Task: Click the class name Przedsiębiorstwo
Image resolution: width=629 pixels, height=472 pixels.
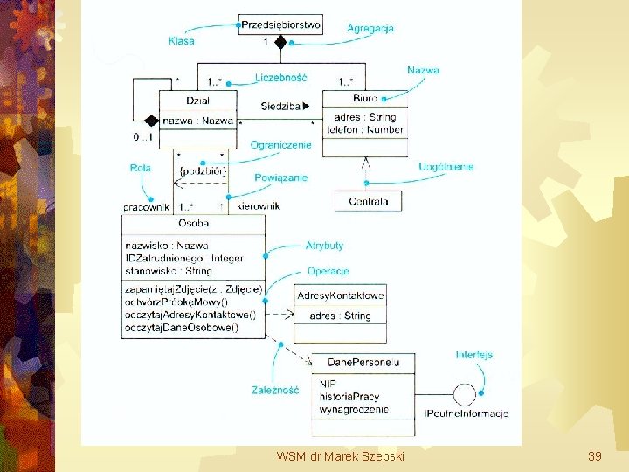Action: tap(280, 25)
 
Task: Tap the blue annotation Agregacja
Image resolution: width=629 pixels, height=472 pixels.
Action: tap(370, 29)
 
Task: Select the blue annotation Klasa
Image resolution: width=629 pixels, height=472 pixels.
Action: tap(182, 40)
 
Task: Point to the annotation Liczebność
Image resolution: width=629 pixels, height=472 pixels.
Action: tap(280, 78)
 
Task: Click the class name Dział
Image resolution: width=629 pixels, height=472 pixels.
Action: tap(198, 101)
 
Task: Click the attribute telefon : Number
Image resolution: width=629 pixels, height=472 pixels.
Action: tap(365, 129)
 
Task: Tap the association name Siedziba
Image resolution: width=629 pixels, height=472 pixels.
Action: tap(280, 107)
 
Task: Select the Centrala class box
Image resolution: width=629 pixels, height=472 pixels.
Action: tap(369, 202)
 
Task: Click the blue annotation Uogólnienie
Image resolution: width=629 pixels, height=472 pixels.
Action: tap(446, 167)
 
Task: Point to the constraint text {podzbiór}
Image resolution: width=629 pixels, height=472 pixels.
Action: tap(202, 171)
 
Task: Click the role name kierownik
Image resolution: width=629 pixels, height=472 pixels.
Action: tap(258, 206)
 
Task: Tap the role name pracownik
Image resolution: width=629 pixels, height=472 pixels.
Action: tap(146, 207)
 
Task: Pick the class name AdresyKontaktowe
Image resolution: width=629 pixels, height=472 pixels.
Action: tap(341, 295)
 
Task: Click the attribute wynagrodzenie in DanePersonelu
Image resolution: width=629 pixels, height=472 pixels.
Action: tap(354, 409)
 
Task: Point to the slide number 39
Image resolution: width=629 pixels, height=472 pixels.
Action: tap(595, 456)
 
